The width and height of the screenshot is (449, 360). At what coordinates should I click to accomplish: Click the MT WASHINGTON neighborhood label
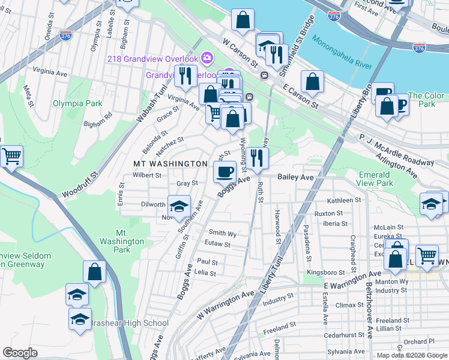pyautogui.click(x=170, y=164)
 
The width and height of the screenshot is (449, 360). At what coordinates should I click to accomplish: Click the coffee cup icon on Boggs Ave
pyautogui.click(x=225, y=172)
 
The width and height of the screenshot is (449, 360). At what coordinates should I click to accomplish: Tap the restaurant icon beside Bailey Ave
pyautogui.click(x=257, y=158)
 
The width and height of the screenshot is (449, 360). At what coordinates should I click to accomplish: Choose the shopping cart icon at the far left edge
pyautogui.click(x=11, y=157)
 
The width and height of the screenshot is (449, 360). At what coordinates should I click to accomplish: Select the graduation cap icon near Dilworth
pyautogui.click(x=178, y=206)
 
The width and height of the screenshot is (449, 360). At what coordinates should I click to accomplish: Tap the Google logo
pyautogui.click(x=20, y=353)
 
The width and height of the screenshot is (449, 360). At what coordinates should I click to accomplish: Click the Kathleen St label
pyautogui.click(x=343, y=200)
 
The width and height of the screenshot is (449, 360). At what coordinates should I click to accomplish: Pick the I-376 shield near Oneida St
pyautogui.click(x=66, y=36)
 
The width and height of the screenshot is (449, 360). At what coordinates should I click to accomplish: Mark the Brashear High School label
pyautogui.click(x=129, y=323)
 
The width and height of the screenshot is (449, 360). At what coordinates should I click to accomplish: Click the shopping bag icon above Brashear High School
pyautogui.click(x=94, y=272)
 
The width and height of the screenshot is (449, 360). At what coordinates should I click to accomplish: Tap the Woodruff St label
pyautogui.click(x=79, y=185)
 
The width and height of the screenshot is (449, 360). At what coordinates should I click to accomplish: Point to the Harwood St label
pyautogui.click(x=279, y=223)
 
